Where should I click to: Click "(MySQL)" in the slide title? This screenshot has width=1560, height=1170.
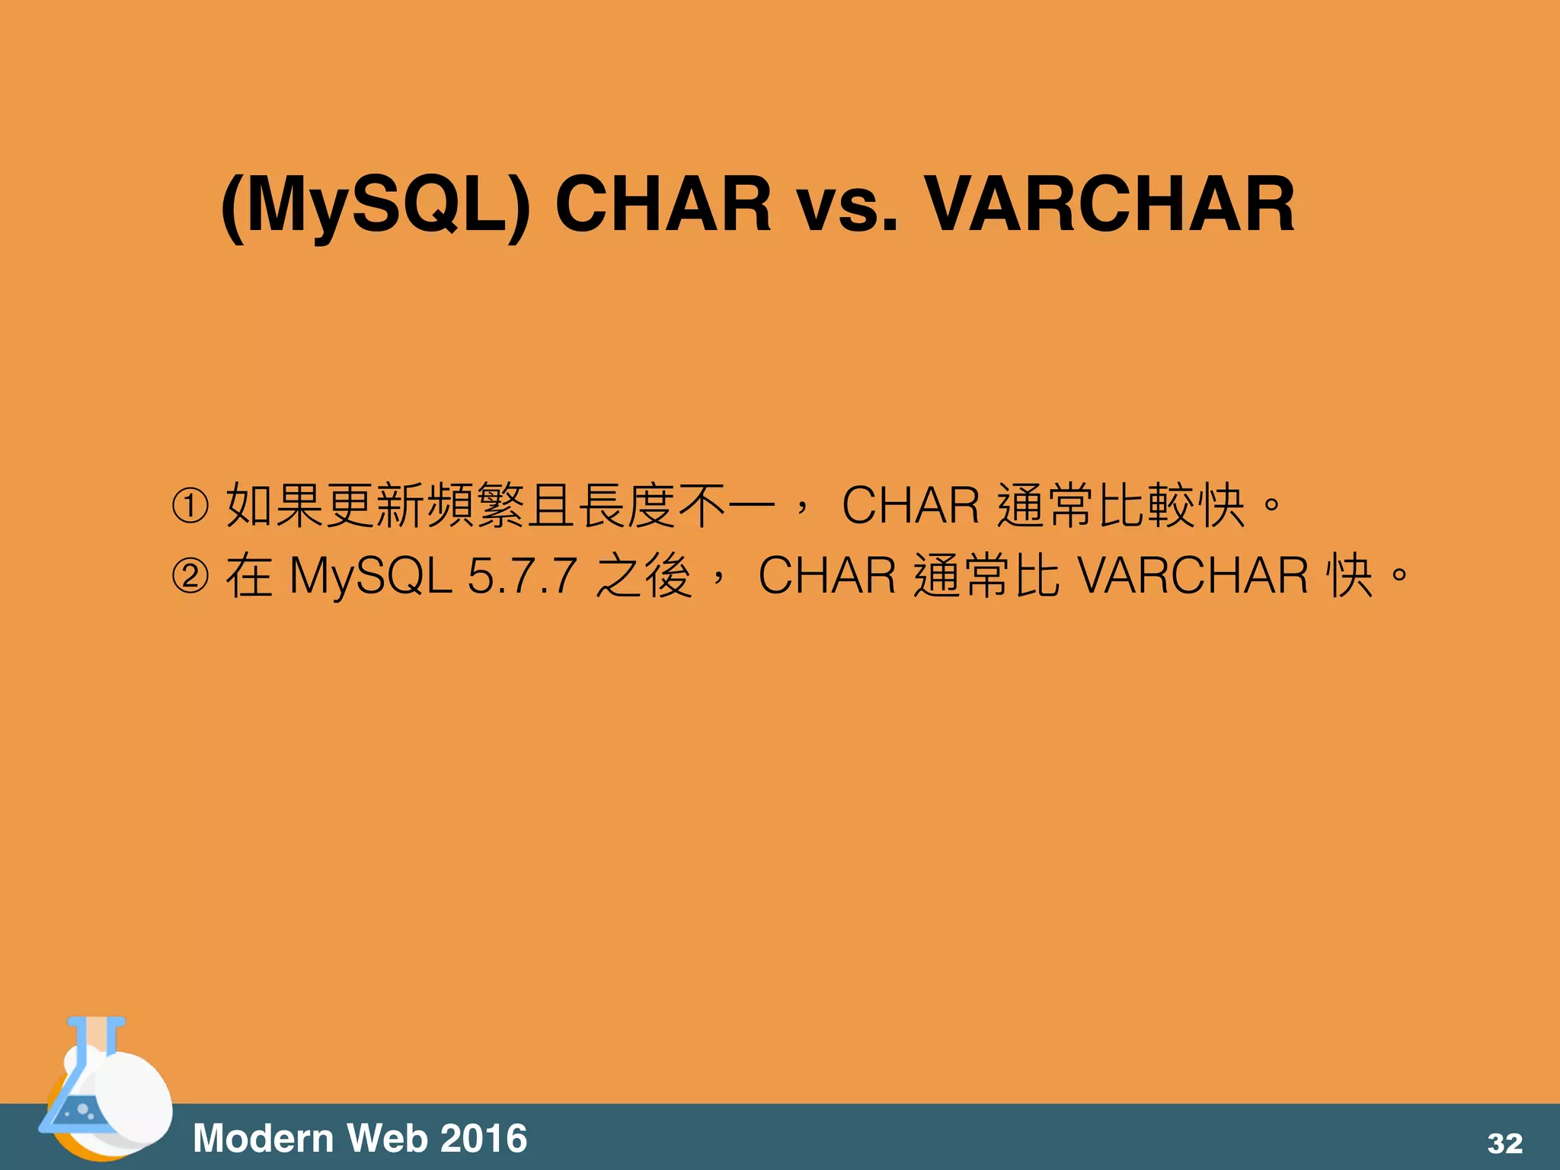pyautogui.click(x=375, y=204)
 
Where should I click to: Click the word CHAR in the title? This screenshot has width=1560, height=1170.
pyautogui.click(x=663, y=204)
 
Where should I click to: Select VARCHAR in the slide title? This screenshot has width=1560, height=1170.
pyautogui.click(x=1109, y=204)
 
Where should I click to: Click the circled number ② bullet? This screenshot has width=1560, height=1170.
pyautogui.click(x=190, y=576)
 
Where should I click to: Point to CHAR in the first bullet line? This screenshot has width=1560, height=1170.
pyautogui.click(x=910, y=505)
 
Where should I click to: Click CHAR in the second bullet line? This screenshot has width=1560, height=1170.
pyautogui.click(x=826, y=575)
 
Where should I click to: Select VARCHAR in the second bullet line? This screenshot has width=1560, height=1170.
pyautogui.click(x=1193, y=575)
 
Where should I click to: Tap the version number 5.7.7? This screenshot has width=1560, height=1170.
pyautogui.click(x=522, y=576)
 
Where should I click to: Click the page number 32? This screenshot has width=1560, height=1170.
pyautogui.click(x=1504, y=1143)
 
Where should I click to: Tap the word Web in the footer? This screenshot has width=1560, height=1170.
pyautogui.click(x=387, y=1139)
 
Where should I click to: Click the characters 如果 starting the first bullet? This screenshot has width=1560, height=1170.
pyautogui.click(x=275, y=505)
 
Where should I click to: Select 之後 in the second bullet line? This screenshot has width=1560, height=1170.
pyautogui.click(x=644, y=576)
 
